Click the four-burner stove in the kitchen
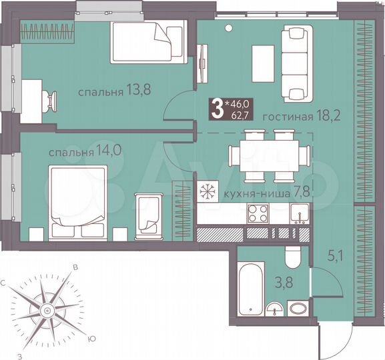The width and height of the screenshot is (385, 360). coord(258,215)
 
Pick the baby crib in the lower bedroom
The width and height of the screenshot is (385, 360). coord(148,213)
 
